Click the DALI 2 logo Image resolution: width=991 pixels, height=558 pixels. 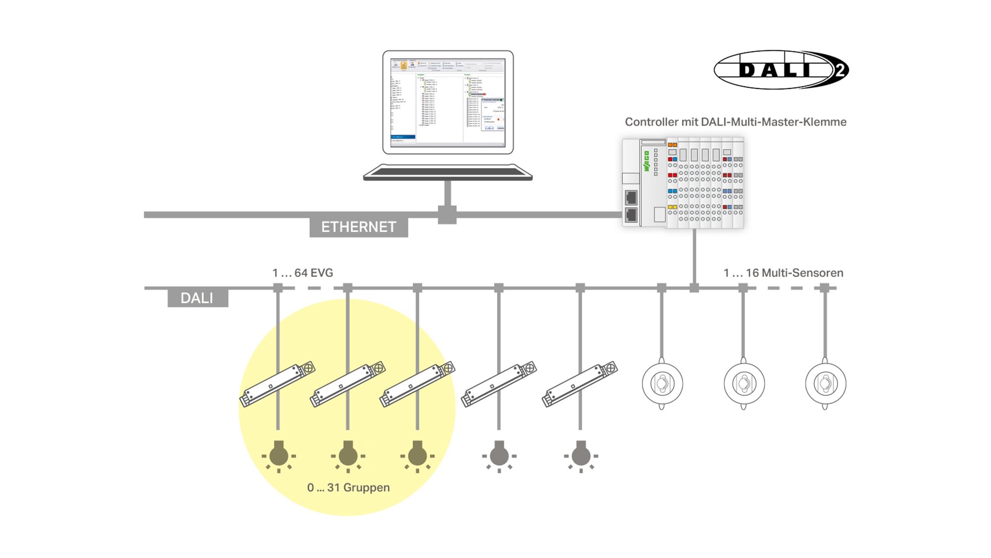tap(781, 70)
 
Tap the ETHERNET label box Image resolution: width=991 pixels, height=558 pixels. tap(359, 227)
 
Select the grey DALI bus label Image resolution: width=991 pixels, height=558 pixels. tap(197, 298)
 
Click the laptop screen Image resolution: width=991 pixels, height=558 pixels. tap(447, 102)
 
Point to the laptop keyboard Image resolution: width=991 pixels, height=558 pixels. tap(447, 172)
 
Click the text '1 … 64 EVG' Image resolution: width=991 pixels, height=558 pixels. tap(302, 273)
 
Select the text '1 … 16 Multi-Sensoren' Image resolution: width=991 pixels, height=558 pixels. tap(783, 273)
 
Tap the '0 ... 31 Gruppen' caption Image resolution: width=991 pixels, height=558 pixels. tap(348, 488)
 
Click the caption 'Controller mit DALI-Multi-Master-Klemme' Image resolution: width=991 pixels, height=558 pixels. tap(735, 122)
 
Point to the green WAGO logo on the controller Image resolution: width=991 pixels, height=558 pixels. tap(646, 161)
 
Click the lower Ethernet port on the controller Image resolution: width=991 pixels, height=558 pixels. tap(631, 215)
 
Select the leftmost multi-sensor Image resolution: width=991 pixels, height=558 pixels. tap(662, 384)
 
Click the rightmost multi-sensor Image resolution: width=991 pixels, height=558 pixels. tap(825, 384)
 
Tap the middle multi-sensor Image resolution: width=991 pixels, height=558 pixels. tap(744, 384)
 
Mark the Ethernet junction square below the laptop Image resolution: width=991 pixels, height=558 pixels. tap(447, 215)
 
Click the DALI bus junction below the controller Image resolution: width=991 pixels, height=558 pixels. tap(694, 288)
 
